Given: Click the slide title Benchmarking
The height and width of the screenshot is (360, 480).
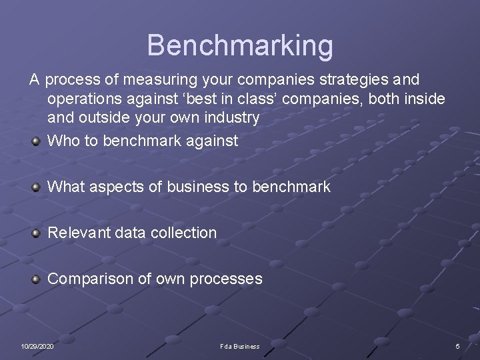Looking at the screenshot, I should [240, 45].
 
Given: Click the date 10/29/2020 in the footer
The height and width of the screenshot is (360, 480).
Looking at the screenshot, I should [37, 347].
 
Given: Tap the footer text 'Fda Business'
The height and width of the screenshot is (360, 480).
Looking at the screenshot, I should [240, 347].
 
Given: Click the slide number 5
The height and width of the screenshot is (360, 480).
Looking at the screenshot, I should [457, 347].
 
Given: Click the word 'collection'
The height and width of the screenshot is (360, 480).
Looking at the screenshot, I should [183, 233].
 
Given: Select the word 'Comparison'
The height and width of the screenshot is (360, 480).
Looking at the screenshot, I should [91, 279].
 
